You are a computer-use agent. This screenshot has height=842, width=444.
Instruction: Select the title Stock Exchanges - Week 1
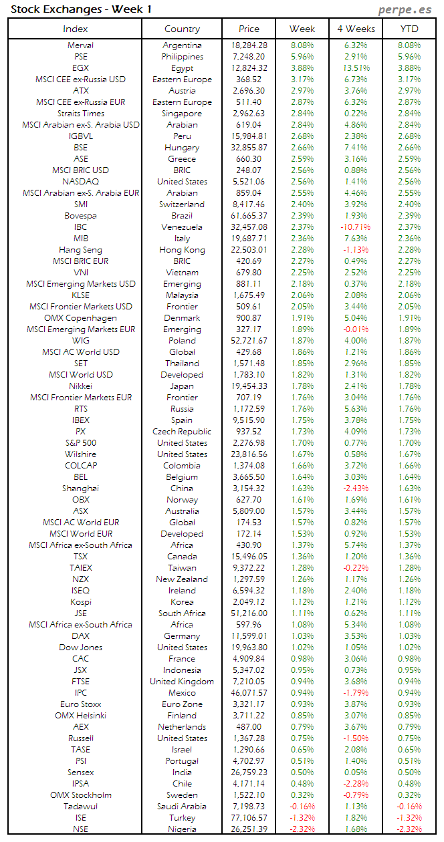(81, 9)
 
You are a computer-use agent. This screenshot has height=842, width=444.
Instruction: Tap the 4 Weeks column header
(356, 29)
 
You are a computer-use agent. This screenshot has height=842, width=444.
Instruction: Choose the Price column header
(249, 29)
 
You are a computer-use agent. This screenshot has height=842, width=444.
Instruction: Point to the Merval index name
(81, 45)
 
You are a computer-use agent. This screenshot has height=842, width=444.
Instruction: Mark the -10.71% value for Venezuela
(356, 227)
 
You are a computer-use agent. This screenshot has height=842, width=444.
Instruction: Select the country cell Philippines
(182, 57)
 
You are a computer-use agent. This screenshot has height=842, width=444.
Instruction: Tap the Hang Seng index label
(81, 250)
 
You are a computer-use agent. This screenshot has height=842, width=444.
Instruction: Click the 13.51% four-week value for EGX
(356, 68)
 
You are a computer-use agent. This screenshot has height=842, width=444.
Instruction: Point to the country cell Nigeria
(182, 829)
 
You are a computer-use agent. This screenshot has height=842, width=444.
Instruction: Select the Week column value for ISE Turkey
(302, 818)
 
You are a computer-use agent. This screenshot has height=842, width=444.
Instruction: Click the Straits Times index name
(81, 114)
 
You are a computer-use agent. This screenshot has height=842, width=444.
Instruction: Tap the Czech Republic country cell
(182, 432)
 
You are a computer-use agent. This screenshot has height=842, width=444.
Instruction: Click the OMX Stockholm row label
(81, 795)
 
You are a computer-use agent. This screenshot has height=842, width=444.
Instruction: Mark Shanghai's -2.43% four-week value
(356, 488)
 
